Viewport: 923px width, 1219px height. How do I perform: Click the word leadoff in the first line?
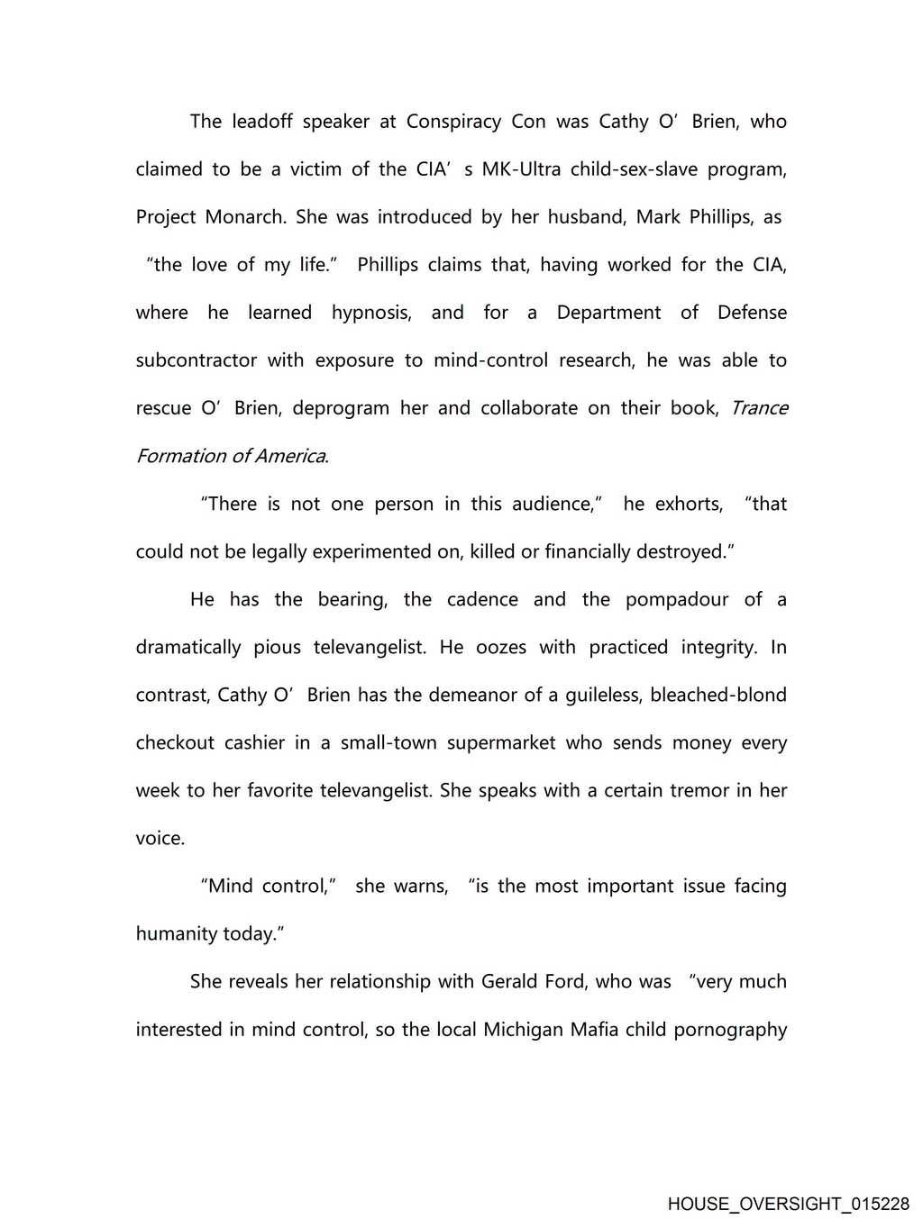(x=261, y=122)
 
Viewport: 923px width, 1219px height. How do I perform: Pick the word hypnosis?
(x=371, y=313)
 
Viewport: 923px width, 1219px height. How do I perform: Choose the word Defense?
(x=752, y=313)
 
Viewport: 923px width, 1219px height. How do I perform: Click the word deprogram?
(x=341, y=408)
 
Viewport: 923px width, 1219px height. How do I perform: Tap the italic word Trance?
(x=759, y=408)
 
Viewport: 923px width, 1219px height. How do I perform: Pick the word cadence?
(x=482, y=599)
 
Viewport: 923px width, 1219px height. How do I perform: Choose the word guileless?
(x=603, y=695)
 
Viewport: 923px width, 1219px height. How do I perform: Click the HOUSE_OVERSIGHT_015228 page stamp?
(x=788, y=1204)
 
